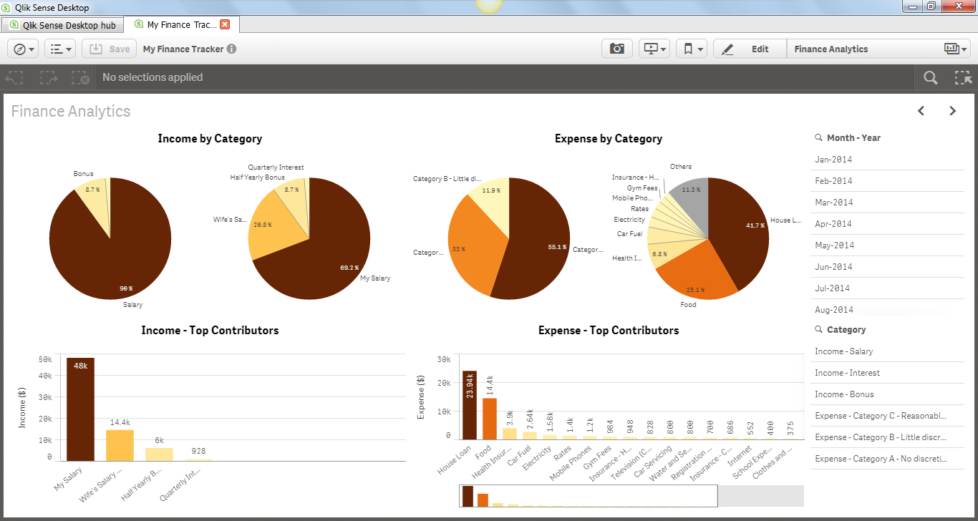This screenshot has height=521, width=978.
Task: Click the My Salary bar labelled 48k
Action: (x=80, y=412)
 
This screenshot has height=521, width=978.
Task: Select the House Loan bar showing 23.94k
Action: (x=470, y=408)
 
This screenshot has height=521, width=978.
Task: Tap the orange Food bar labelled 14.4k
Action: (x=490, y=419)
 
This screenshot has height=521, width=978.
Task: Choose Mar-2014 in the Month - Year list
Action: (x=834, y=203)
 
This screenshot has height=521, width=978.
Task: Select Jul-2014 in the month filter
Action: (x=833, y=288)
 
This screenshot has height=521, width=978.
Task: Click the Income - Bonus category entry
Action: (x=844, y=394)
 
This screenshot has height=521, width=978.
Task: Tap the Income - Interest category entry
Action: (x=847, y=373)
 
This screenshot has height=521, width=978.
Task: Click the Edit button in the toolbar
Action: (x=749, y=49)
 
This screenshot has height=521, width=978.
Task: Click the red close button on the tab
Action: (x=225, y=24)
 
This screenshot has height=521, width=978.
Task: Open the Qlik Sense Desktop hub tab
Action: (x=62, y=25)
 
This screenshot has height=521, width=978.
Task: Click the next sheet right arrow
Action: (x=952, y=111)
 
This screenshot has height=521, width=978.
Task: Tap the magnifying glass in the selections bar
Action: (x=930, y=78)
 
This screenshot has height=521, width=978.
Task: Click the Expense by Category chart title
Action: (x=609, y=139)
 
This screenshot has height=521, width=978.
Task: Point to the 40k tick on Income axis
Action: (x=45, y=376)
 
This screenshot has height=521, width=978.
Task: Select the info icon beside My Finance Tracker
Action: (x=232, y=49)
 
